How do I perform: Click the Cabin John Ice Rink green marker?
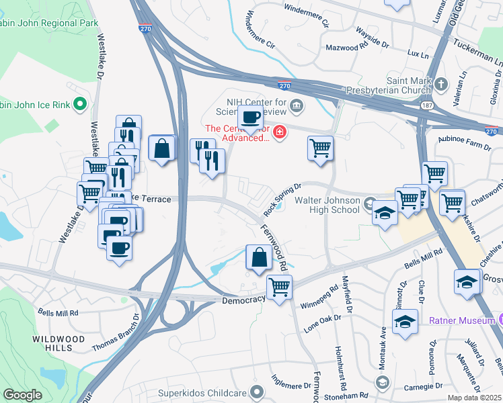point(80,104)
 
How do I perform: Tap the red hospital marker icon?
point(278,130)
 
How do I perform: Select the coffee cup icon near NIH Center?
point(251,118)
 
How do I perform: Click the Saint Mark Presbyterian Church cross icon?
point(441,84)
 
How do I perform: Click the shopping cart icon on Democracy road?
point(279,287)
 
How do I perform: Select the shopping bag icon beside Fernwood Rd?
point(259,257)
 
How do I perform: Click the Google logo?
point(23,395)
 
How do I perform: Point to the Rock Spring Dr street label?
point(280,199)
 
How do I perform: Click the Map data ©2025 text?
point(473,398)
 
